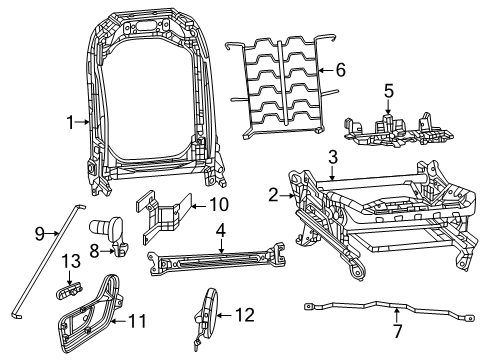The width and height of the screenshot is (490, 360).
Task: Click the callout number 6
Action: (x=340, y=70)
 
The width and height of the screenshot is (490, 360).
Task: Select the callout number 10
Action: (x=218, y=206)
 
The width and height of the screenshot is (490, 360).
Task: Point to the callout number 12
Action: (x=245, y=315)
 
